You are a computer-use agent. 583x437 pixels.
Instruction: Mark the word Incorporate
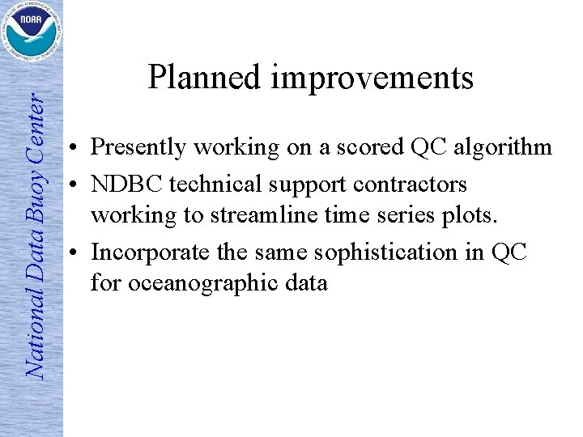tap(142, 252)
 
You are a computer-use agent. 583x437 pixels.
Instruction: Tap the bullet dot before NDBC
tap(73, 185)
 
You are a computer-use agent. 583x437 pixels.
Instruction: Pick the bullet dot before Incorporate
tap(73, 252)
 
